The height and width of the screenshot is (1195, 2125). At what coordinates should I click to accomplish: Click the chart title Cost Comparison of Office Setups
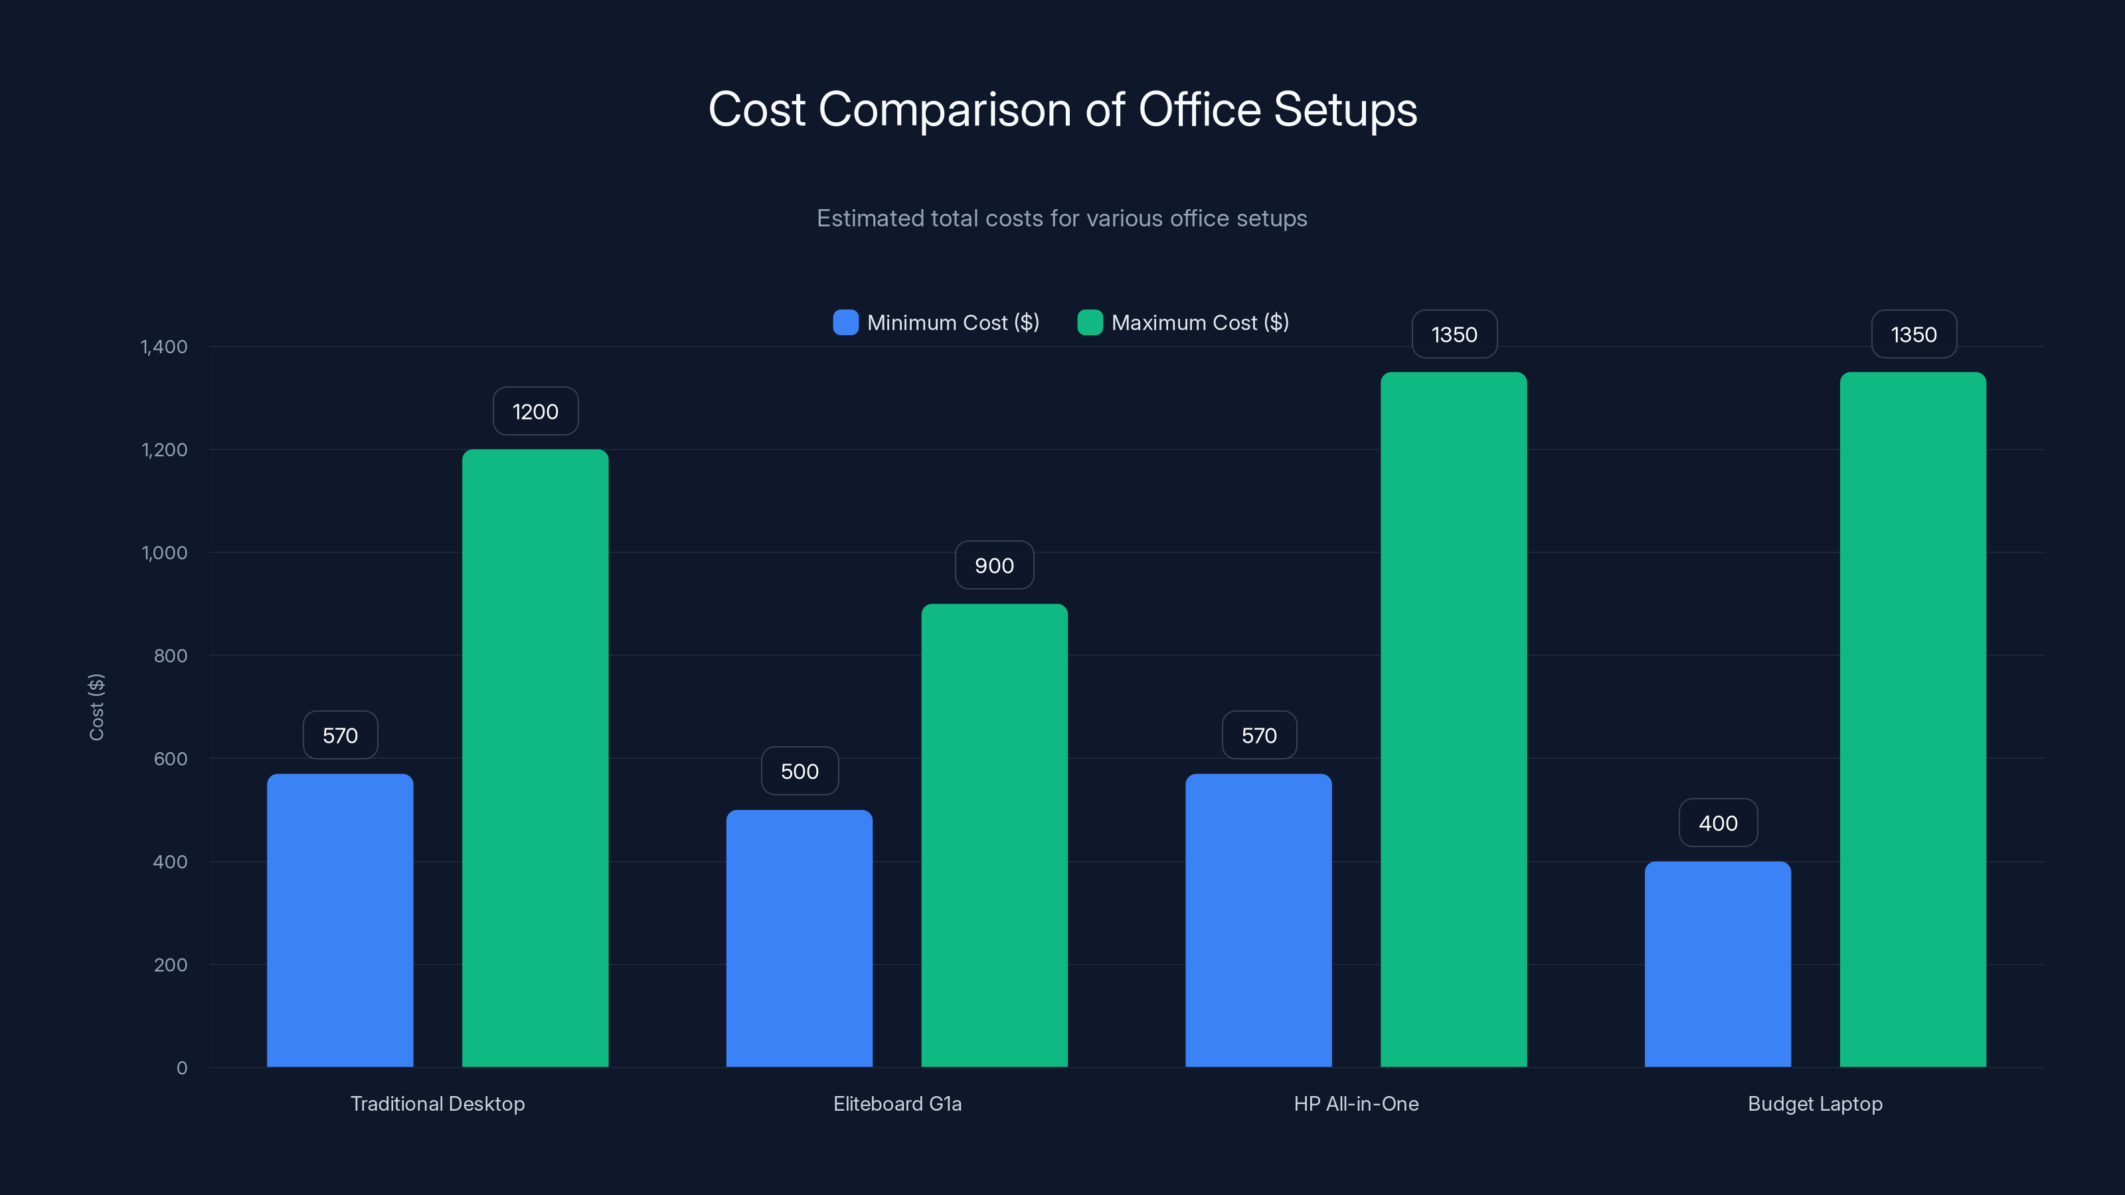click(1062, 110)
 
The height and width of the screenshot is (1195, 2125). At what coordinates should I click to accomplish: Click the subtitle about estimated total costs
click(1062, 218)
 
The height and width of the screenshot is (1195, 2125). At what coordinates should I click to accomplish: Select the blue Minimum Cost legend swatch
click(845, 323)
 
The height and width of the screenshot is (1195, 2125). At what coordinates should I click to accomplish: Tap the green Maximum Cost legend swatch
click(1090, 323)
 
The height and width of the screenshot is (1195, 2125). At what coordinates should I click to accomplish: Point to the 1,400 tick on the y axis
click(164, 347)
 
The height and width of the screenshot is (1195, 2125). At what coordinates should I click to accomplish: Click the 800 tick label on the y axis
click(170, 656)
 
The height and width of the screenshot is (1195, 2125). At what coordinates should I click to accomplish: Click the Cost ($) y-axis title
click(96, 707)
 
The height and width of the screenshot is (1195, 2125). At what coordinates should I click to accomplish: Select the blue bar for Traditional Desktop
click(340, 919)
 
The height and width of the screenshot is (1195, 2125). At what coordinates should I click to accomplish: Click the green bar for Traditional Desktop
click(535, 759)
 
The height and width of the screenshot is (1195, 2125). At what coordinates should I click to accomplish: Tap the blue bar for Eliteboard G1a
click(800, 939)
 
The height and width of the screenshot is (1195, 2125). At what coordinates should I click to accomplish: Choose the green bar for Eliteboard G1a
click(994, 835)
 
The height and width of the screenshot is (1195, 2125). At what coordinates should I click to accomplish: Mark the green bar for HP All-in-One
click(1454, 719)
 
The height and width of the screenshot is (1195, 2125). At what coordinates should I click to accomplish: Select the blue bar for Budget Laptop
click(1717, 964)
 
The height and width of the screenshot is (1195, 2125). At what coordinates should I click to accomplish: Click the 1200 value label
click(535, 412)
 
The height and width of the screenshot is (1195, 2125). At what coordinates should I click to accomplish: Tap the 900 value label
click(994, 566)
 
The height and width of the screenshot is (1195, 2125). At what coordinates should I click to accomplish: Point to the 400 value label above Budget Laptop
click(1717, 823)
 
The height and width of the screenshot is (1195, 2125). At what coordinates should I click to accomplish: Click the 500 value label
click(800, 771)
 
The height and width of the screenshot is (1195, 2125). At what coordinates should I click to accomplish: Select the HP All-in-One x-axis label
click(1356, 1103)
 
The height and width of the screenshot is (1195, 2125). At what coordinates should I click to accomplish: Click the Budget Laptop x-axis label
click(1815, 1103)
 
